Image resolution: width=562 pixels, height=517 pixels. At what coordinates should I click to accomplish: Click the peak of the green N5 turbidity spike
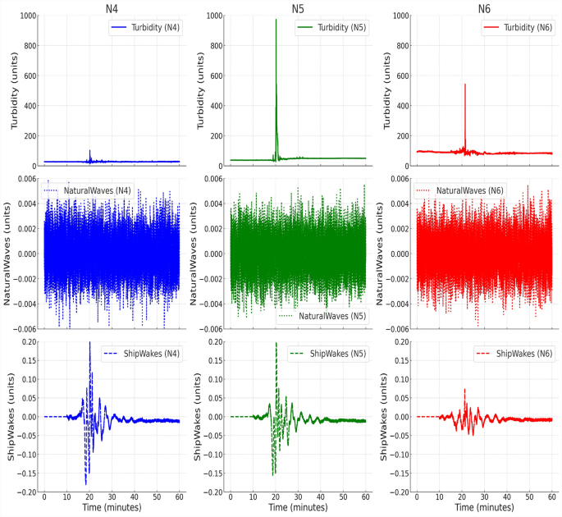click(x=276, y=20)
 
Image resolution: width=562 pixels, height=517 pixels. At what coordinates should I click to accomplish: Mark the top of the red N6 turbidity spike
click(x=465, y=84)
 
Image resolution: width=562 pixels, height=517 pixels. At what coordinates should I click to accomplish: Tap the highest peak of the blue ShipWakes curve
click(x=90, y=342)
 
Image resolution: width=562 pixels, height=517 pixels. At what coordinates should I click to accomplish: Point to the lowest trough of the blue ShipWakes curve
click(x=85, y=484)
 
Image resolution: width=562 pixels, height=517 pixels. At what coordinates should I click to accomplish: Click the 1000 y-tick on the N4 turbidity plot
click(x=26, y=16)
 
